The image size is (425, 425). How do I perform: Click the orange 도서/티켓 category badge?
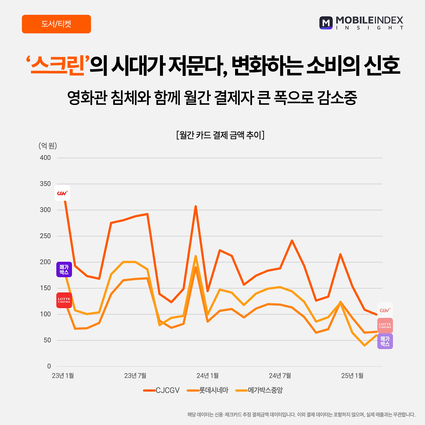click(x=56, y=24)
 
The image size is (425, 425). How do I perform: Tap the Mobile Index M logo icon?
click(x=326, y=23)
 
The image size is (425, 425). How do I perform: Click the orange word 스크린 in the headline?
click(x=57, y=65)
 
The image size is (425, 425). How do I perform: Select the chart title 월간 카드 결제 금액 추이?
click(x=220, y=135)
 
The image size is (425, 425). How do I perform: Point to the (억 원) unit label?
click(x=47, y=145)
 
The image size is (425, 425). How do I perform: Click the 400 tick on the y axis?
click(x=45, y=158)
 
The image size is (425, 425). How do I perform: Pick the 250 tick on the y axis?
click(x=45, y=236)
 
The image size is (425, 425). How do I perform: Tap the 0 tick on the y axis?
click(x=49, y=366)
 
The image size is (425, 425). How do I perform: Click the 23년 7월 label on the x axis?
click(x=135, y=376)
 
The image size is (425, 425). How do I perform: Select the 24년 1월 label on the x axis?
click(x=208, y=376)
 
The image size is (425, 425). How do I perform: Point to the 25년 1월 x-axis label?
click(x=352, y=376)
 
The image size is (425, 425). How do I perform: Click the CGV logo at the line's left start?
click(x=62, y=193)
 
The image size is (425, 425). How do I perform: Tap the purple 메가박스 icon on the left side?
click(x=64, y=269)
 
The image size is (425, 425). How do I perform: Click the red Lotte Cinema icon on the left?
click(x=64, y=300)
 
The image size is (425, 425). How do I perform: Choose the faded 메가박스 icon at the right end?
click(x=385, y=341)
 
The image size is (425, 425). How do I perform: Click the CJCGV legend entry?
click(x=161, y=390)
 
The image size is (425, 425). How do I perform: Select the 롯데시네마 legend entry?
click(x=208, y=390)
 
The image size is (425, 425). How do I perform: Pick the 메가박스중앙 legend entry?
click(x=259, y=390)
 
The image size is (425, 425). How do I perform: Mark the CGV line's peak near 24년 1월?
click(x=196, y=207)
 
